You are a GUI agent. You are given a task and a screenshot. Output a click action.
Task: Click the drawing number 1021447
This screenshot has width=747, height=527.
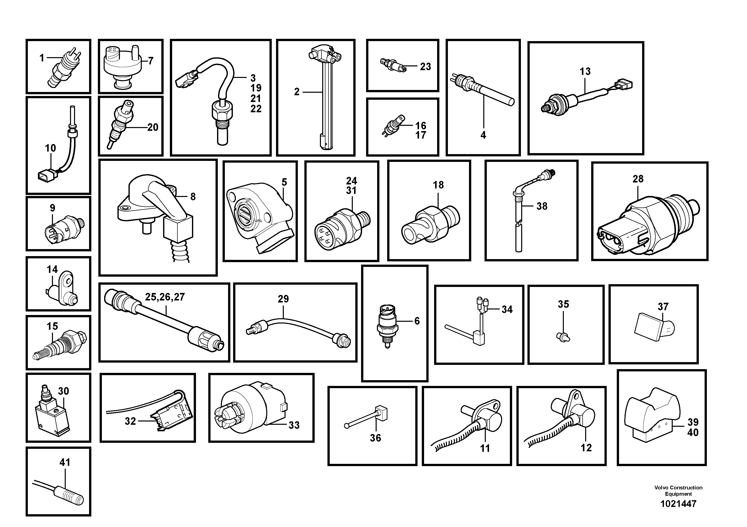(x=678, y=504)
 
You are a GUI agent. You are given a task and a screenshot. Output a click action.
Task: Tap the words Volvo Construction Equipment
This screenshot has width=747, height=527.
(x=678, y=491)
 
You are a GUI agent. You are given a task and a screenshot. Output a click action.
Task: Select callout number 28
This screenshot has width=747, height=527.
(x=638, y=179)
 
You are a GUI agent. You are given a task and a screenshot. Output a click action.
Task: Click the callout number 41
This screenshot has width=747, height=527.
(x=65, y=462)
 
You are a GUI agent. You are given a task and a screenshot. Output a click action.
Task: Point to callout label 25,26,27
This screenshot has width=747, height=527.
(x=165, y=297)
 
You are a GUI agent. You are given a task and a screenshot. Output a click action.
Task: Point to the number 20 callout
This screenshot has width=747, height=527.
(x=153, y=127)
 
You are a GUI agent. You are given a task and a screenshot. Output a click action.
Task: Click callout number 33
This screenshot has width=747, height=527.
(x=294, y=425)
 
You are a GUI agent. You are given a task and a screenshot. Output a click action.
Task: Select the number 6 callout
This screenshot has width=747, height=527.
(x=417, y=321)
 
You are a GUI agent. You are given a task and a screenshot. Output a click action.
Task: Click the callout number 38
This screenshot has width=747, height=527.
(x=542, y=206)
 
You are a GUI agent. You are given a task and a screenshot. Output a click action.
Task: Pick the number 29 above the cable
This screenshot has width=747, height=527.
(x=283, y=299)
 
